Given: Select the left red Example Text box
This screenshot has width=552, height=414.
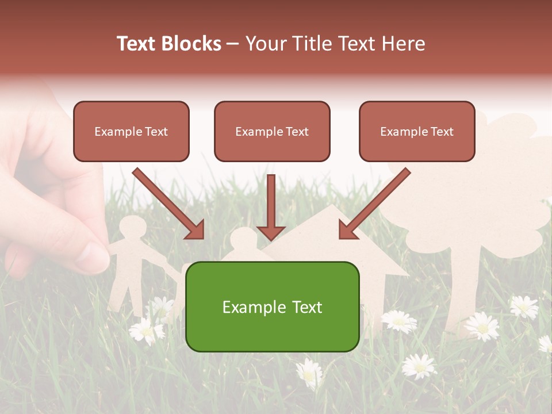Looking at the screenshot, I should pos(131,131).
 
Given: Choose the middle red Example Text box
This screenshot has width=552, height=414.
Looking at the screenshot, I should pos(272,131).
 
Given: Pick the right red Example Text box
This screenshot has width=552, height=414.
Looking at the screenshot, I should pos(417,131).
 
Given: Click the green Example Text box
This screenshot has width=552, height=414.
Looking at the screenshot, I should pos(272,306).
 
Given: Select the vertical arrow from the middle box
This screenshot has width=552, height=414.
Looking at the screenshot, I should pos(271,207).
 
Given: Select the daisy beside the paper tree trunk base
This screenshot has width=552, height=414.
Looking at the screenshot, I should pos(482,325).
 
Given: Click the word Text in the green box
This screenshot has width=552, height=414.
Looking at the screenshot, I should pos(306,307).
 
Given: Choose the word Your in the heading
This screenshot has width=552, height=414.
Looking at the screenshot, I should pos(266,44).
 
